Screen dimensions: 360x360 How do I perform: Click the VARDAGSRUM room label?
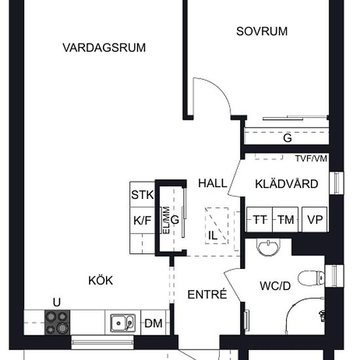point(104,47)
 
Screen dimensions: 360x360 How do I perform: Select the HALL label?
point(212,184)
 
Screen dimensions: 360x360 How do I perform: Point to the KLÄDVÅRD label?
point(287,184)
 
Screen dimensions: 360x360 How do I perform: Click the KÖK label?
point(101,281)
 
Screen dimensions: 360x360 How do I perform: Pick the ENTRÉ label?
point(207,295)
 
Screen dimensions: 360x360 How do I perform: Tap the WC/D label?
point(276,286)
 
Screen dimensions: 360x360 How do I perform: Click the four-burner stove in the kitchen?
point(56,321)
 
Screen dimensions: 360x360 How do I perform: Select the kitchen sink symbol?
point(122,322)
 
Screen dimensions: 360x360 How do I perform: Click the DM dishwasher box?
point(153,323)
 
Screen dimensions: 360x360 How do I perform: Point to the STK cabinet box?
point(142,195)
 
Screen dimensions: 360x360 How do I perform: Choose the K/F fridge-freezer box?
point(142,221)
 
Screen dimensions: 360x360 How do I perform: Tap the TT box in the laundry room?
point(259,220)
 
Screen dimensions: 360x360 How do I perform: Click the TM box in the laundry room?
point(285,220)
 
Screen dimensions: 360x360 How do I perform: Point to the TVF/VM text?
point(310,158)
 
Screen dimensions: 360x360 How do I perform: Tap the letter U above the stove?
point(57,302)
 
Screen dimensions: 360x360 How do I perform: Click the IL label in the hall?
point(213,235)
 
